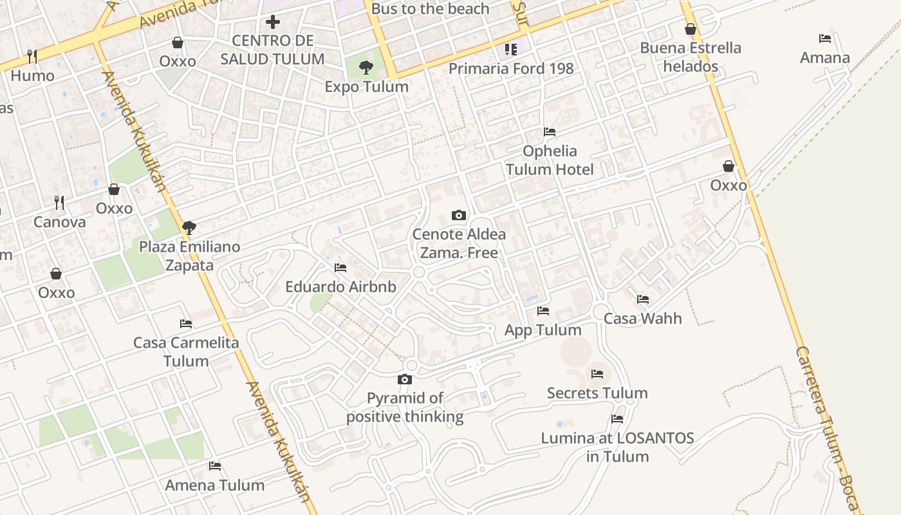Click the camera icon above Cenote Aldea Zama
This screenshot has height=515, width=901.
pos(459,215)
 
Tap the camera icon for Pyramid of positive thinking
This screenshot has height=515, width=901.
pos(405,380)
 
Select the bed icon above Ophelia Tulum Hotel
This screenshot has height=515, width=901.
pos(550,132)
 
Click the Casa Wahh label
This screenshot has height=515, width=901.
pos(642,319)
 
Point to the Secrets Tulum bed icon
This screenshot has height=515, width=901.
pos(597,374)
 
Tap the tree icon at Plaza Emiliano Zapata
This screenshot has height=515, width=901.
pos(189,227)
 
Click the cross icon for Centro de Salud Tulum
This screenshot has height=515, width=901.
pos(273,22)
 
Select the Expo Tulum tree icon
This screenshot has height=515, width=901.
pos(366,67)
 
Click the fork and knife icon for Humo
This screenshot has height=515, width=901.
pos(32,57)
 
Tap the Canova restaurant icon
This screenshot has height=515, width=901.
pos(59,203)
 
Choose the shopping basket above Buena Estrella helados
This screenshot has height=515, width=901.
pos(691,29)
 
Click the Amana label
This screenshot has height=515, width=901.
pos(825,58)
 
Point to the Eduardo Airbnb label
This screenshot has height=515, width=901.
pos(340,287)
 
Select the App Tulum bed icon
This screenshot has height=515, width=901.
pos(543,311)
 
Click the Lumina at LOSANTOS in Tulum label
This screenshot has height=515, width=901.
pos(617,447)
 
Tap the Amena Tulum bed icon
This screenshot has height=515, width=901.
pos(215,466)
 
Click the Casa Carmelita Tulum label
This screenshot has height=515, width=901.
pos(186,351)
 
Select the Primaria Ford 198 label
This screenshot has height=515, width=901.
pos(511,69)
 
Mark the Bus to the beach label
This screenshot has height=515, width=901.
pos(431,9)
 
